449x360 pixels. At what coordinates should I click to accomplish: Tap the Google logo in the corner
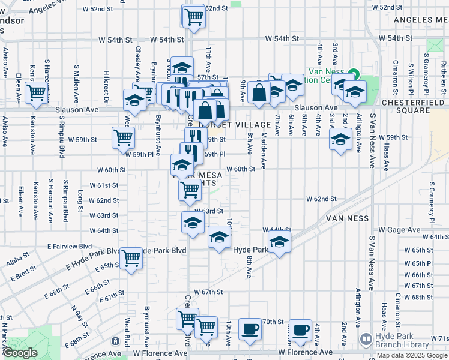[20, 353]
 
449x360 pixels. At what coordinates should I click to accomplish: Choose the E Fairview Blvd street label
[70, 247]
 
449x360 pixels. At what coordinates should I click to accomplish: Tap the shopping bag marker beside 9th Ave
[259, 94]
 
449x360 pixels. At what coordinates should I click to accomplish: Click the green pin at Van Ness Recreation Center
[354, 74]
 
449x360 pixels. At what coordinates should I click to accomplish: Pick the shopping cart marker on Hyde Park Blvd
[131, 259]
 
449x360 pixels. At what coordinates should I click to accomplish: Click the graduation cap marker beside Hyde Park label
[279, 243]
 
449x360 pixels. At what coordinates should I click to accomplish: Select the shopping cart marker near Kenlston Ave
[36, 94]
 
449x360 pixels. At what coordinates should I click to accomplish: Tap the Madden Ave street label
[264, 153]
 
